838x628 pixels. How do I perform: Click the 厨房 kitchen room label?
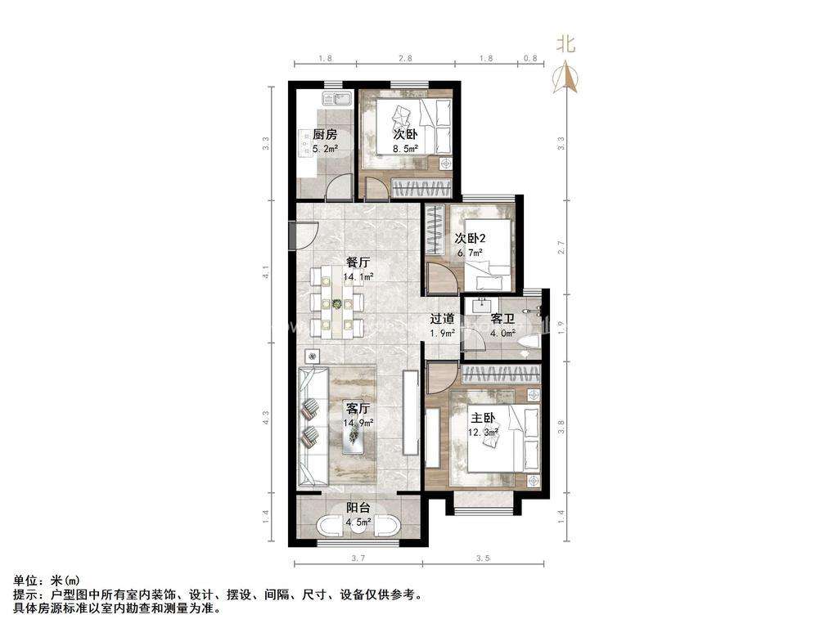click(325, 135)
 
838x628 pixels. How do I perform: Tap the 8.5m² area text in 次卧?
click(405, 149)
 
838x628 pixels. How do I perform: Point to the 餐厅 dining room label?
click(358, 263)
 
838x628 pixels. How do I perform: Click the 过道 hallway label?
click(443, 319)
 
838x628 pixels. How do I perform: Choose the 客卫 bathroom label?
click(502, 319)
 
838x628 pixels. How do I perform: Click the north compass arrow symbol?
click(566, 78)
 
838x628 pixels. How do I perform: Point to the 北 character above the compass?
click(566, 44)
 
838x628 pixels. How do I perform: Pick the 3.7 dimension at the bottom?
click(358, 558)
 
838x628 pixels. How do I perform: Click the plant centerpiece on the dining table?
click(336, 304)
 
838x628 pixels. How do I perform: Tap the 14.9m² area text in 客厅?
click(358, 423)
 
